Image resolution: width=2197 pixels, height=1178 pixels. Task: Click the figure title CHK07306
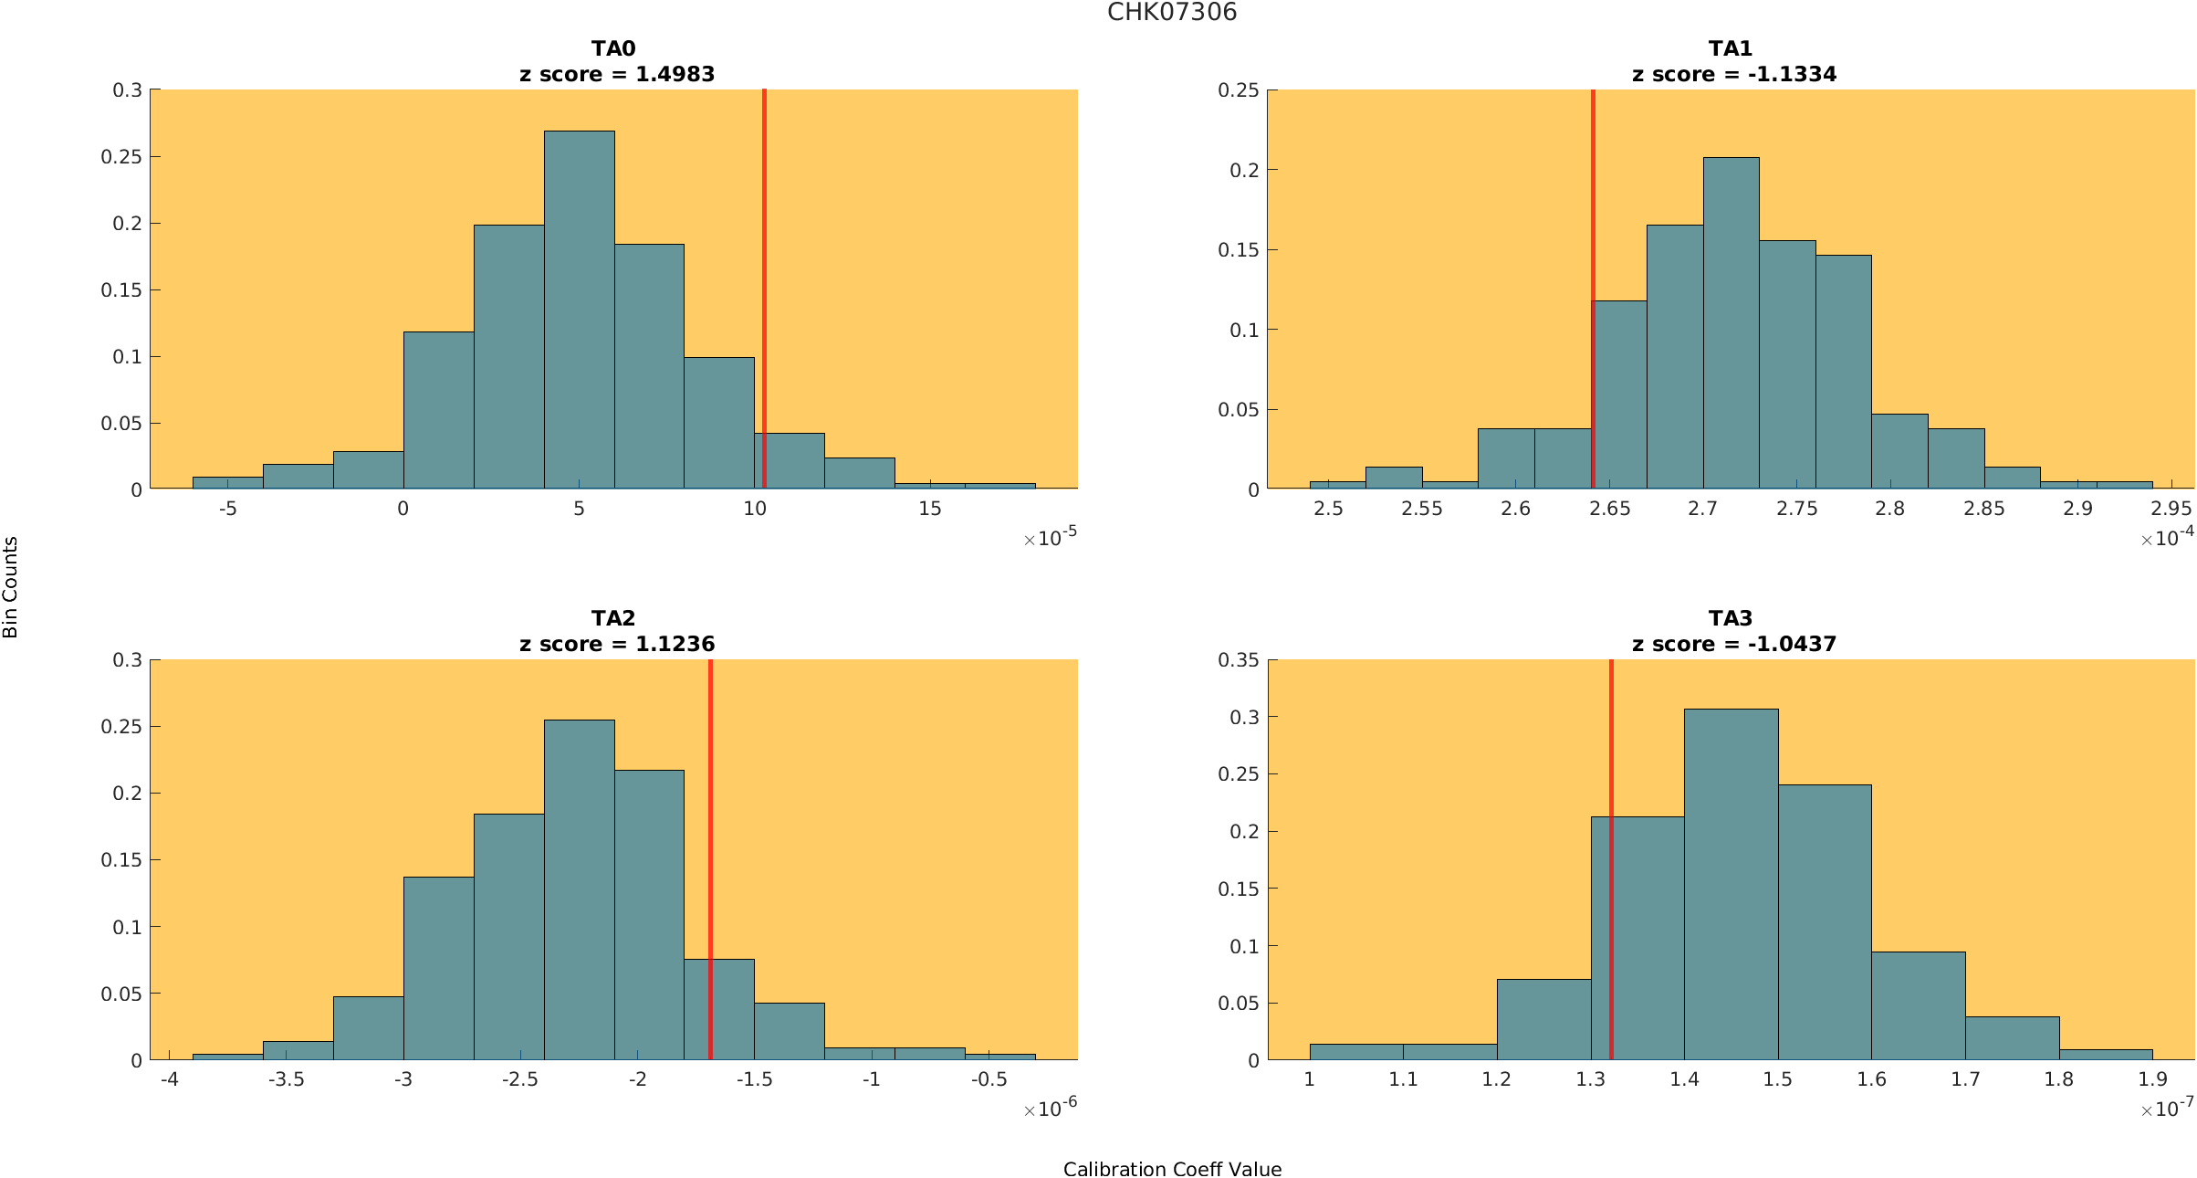click(x=1171, y=13)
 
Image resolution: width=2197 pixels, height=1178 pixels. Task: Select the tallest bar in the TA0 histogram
click(x=579, y=310)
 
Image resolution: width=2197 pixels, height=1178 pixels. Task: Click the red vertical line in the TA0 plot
click(x=764, y=274)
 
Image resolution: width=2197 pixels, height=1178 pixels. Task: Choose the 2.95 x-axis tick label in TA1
click(x=2171, y=509)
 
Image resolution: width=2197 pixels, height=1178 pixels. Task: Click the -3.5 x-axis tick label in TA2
click(x=286, y=1079)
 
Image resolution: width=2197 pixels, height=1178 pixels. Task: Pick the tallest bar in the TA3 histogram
click(x=1731, y=886)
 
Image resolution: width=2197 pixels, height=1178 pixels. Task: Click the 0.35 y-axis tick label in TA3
click(x=1239, y=660)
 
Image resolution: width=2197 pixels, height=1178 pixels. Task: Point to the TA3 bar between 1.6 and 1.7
click(x=1918, y=1004)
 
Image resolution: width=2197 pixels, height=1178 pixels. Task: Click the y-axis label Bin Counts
click(x=11, y=587)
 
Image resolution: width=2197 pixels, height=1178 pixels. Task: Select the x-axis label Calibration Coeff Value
click(x=1172, y=1170)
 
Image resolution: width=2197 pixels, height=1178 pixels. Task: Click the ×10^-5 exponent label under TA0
click(x=1050, y=538)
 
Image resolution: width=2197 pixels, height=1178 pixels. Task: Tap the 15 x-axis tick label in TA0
click(x=929, y=509)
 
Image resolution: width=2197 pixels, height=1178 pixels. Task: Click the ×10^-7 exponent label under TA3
click(x=2167, y=1109)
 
